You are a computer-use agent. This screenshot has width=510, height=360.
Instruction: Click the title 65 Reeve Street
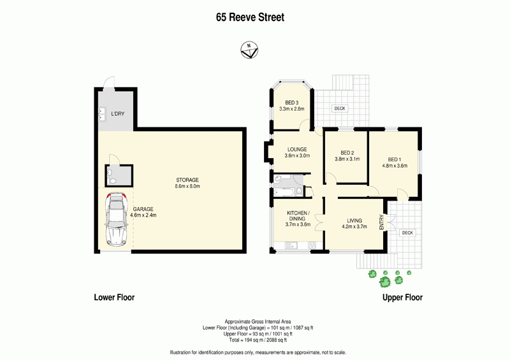tap(249, 18)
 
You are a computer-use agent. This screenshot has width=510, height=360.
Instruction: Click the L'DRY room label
tap(117, 114)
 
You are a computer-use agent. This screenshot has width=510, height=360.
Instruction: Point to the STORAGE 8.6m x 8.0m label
tap(187, 184)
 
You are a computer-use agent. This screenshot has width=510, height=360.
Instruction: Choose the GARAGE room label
tap(144, 212)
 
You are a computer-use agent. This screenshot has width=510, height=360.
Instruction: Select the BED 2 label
tap(347, 156)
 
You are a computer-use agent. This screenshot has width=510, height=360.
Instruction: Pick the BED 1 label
tap(394, 162)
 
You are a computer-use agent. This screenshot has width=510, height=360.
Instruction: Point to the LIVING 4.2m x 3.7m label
tap(354, 224)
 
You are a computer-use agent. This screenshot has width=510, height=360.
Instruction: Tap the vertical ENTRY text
tap(382, 222)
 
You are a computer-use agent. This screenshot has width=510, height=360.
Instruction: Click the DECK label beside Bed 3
tap(340, 108)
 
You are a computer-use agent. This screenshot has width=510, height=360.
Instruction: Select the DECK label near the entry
tap(407, 233)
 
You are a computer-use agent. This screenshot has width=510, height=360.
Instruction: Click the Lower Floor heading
tap(114, 298)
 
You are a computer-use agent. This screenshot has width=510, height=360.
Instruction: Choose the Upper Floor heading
tap(402, 298)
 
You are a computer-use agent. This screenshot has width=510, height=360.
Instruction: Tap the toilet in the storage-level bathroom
tap(113, 181)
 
